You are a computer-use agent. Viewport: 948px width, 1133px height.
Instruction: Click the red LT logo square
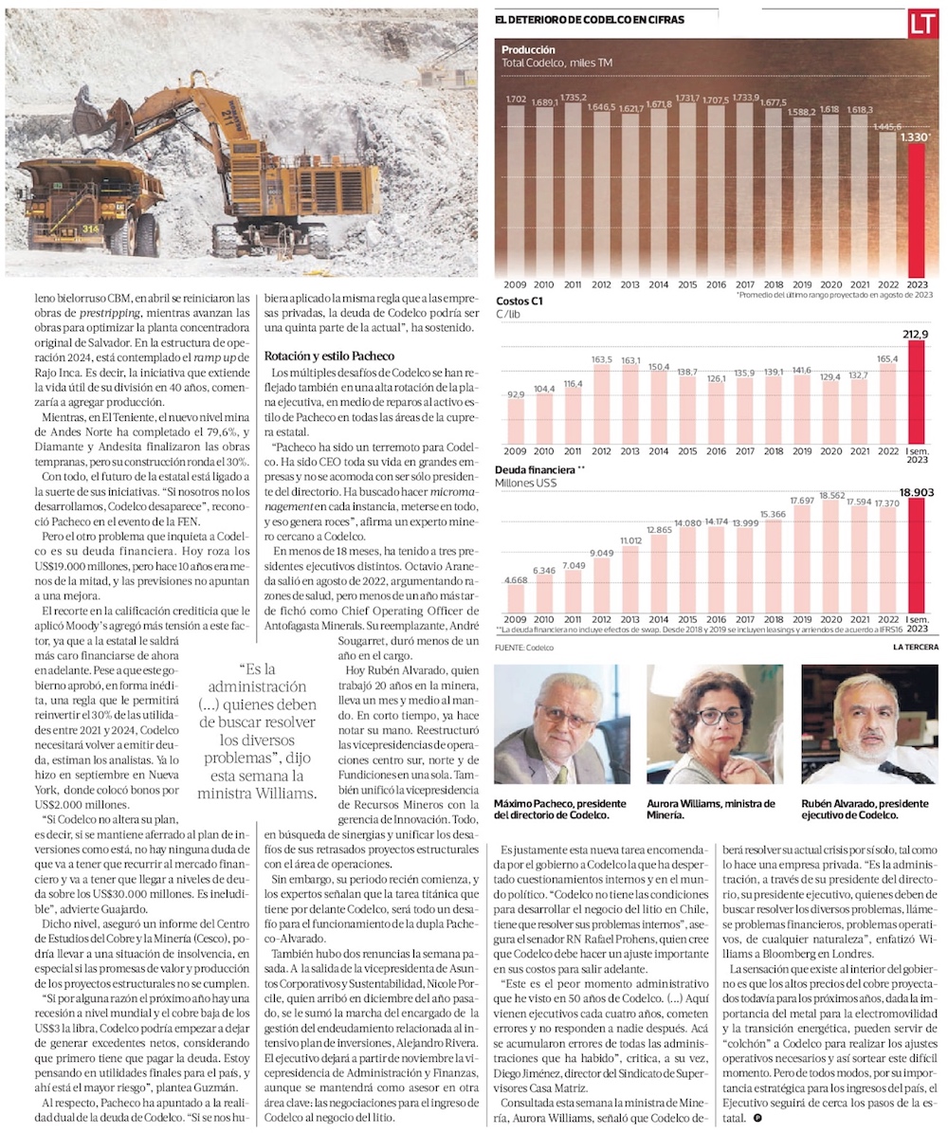tap(922, 23)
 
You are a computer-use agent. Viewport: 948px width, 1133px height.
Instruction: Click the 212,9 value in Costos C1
tap(917, 333)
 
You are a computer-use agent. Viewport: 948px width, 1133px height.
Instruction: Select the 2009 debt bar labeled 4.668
tap(516, 597)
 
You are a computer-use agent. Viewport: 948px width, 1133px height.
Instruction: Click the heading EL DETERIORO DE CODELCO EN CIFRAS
tap(589, 19)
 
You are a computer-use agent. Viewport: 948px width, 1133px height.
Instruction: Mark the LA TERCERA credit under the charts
tap(915, 648)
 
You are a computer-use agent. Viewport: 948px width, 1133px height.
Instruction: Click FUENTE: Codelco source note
tap(523, 648)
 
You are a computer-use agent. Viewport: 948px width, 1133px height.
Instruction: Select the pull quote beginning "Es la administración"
tap(258, 729)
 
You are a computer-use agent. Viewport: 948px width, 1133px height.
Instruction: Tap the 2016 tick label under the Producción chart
tap(718, 284)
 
